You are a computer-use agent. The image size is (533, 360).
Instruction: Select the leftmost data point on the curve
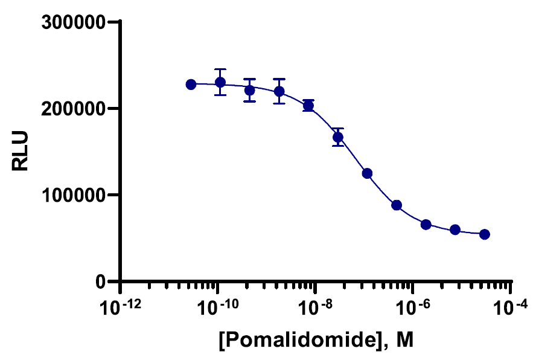coord(191,85)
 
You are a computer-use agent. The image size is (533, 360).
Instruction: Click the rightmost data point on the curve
coord(484,234)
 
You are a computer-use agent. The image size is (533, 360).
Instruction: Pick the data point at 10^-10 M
coord(220,82)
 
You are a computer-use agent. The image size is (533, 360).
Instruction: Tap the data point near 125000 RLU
coord(367,173)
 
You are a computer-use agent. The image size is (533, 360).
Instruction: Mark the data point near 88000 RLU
coord(397,205)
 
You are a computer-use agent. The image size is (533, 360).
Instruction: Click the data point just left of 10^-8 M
coord(308,106)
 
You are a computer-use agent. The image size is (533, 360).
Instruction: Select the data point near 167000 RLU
coord(338,137)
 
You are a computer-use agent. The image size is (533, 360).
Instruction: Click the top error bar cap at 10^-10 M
coord(220,69)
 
